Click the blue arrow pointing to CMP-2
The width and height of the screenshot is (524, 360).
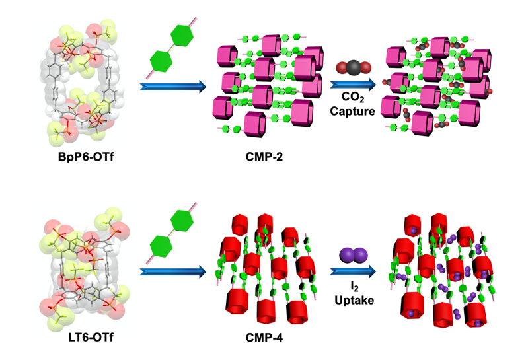pyautogui.click(x=172, y=86)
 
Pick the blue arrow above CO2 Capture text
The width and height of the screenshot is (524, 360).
pyautogui.click(x=354, y=84)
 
